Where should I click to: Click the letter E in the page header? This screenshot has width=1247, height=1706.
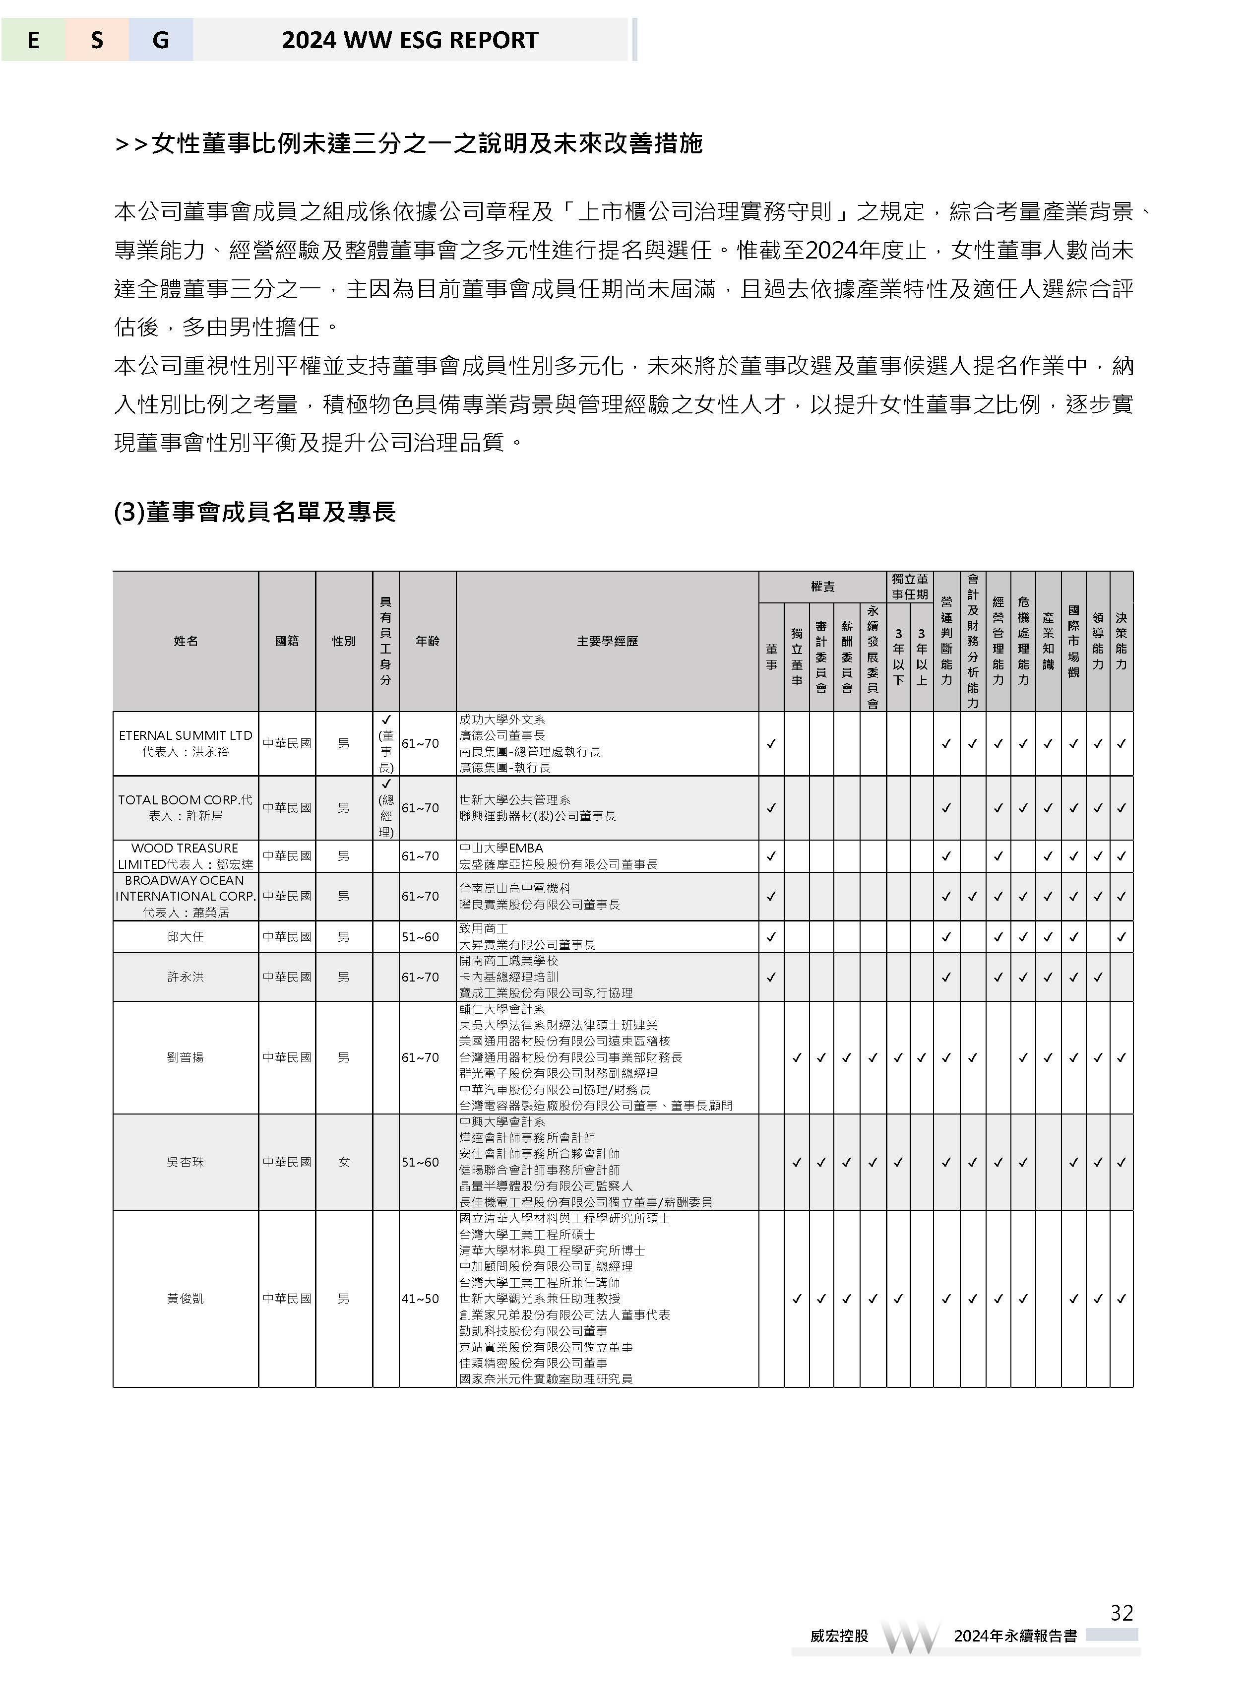tap(33, 40)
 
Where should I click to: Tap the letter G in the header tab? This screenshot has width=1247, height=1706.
tap(160, 40)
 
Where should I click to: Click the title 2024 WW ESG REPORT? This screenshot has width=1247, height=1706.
tap(410, 40)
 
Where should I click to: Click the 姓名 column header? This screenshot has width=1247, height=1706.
tap(186, 641)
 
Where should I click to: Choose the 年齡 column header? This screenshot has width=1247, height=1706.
tap(427, 641)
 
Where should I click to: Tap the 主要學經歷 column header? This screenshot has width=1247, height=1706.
tap(607, 641)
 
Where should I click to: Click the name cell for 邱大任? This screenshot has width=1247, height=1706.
tap(186, 936)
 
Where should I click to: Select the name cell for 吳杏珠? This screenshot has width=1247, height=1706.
tap(186, 1162)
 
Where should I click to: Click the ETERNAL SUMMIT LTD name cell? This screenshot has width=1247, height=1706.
tap(186, 743)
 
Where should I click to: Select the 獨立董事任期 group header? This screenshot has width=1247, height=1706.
tap(910, 587)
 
